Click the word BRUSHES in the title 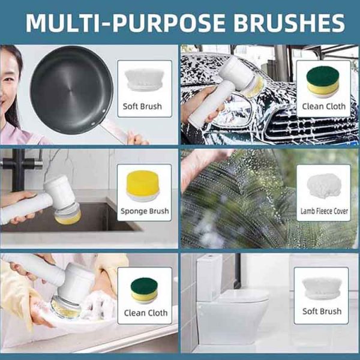click(289, 23)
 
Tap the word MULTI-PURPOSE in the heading click(125, 23)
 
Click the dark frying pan click(71, 90)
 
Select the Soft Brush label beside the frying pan click(142, 107)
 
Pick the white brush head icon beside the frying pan click(145, 79)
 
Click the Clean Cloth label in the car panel click(324, 107)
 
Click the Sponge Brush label click(145, 211)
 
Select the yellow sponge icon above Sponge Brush click(143, 185)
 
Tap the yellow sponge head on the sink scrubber click(68, 218)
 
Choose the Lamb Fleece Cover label click(324, 211)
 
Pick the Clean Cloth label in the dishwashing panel click(146, 313)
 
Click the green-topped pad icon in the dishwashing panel click(144, 290)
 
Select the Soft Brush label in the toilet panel click(322, 311)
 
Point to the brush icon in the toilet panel click(321, 289)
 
